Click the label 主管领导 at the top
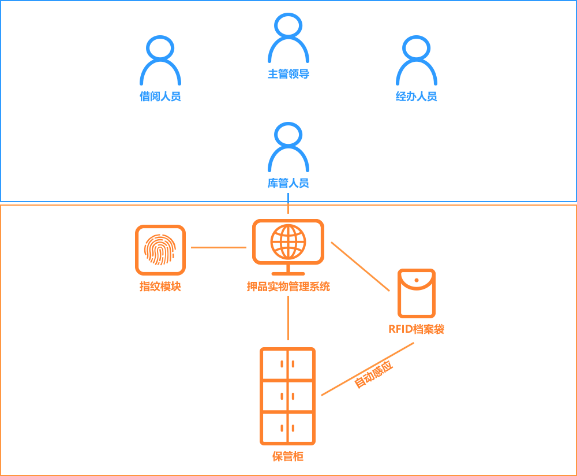[286, 73]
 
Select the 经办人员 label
[415, 96]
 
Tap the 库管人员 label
[286, 183]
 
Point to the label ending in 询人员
[162, 96]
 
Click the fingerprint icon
[160, 250]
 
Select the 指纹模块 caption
[160, 287]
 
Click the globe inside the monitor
[288, 241]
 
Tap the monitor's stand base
[288, 273]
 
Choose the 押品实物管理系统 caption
[288, 287]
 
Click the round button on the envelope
[416, 280]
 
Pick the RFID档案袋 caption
[416, 329]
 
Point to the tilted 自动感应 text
[374, 374]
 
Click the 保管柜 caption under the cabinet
[288, 456]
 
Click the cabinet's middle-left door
[274, 396]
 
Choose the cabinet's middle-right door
[301, 396]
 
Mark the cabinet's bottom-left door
[274, 428]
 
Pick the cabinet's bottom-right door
[301, 428]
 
